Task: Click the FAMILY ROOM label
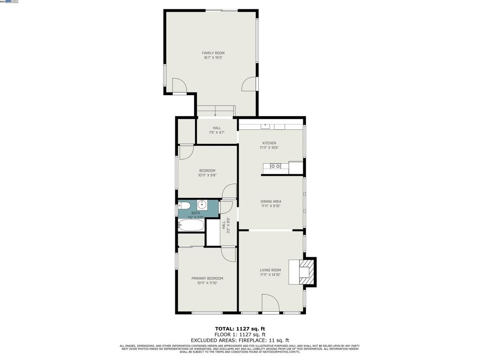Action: [213, 53]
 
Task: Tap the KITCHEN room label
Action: [269, 143]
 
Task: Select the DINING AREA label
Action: [271, 202]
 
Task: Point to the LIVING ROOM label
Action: [270, 270]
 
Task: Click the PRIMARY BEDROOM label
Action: [207, 278]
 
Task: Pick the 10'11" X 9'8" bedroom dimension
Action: [207, 175]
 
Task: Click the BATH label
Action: [195, 213]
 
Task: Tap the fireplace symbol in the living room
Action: [304, 271]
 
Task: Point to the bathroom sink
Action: [202, 204]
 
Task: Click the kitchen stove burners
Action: [276, 166]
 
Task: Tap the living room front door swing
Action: [270, 303]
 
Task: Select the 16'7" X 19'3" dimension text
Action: [213, 58]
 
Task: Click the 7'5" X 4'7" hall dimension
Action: [217, 133]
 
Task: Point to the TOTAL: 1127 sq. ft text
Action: [240, 329]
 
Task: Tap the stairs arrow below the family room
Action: [215, 113]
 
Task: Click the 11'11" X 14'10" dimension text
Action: [270, 275]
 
